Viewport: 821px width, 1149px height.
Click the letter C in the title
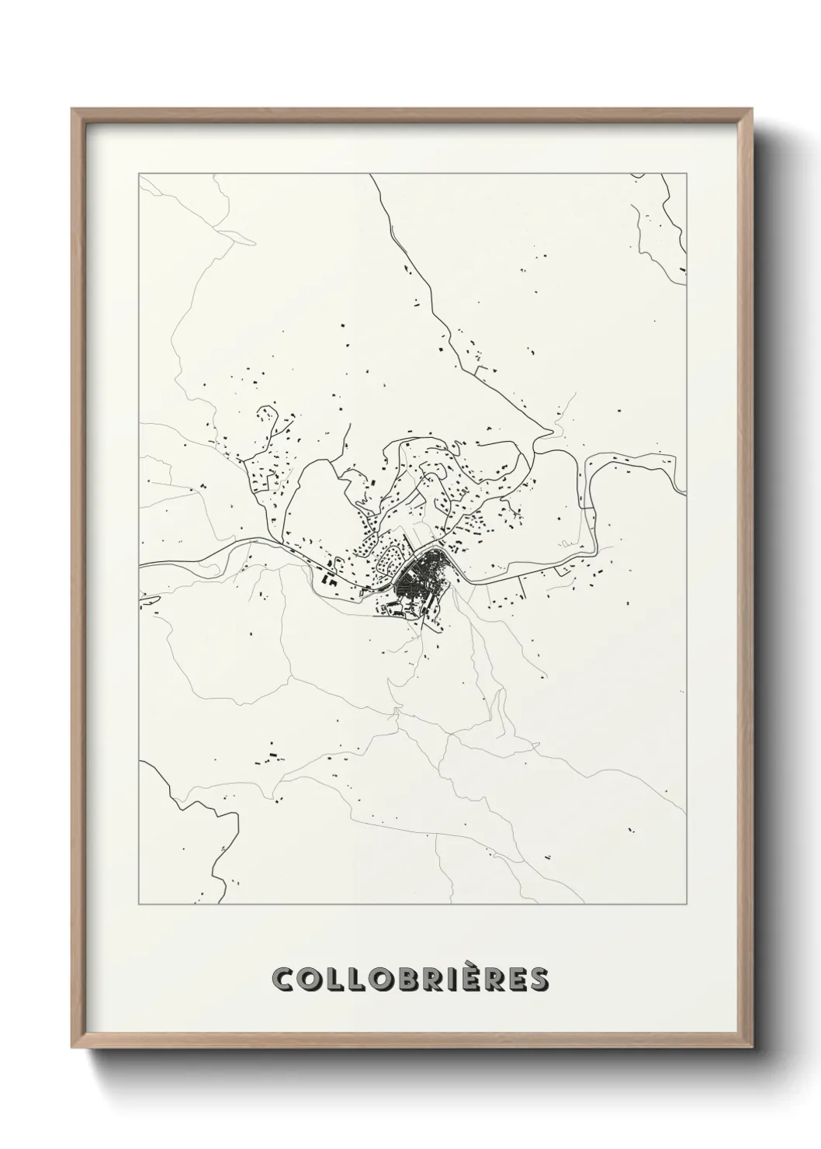coord(283,980)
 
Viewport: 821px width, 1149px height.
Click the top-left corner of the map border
coord(139,174)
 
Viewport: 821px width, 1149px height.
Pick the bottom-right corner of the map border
coord(687,905)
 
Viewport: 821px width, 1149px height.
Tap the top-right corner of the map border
coord(687,174)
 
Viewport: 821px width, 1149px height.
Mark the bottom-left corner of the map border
coord(139,905)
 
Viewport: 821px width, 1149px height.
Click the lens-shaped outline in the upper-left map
coord(236,237)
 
